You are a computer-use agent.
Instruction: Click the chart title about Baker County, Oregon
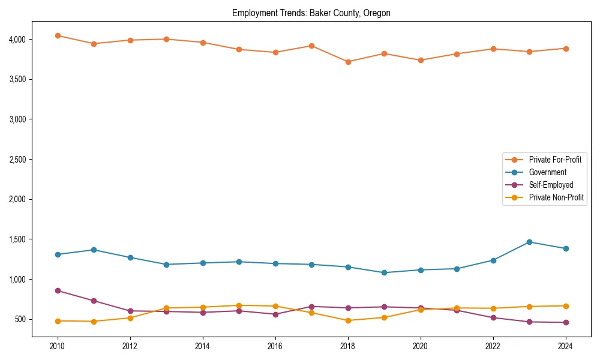(311, 13)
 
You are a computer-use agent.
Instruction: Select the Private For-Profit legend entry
(555, 160)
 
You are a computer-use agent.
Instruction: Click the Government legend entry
(547, 172)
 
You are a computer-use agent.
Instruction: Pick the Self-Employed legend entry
(551, 185)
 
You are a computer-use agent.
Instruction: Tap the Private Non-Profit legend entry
(556, 197)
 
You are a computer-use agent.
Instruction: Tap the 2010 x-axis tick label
(58, 346)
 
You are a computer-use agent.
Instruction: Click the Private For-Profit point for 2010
(58, 36)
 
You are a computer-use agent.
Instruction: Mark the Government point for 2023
(529, 242)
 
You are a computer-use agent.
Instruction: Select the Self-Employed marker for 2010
(58, 290)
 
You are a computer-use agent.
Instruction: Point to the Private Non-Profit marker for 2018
(348, 320)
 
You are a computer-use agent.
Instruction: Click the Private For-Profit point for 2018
(348, 62)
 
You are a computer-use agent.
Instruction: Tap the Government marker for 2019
(384, 272)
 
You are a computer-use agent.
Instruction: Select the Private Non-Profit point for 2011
(94, 322)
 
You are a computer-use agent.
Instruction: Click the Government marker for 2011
(94, 250)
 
